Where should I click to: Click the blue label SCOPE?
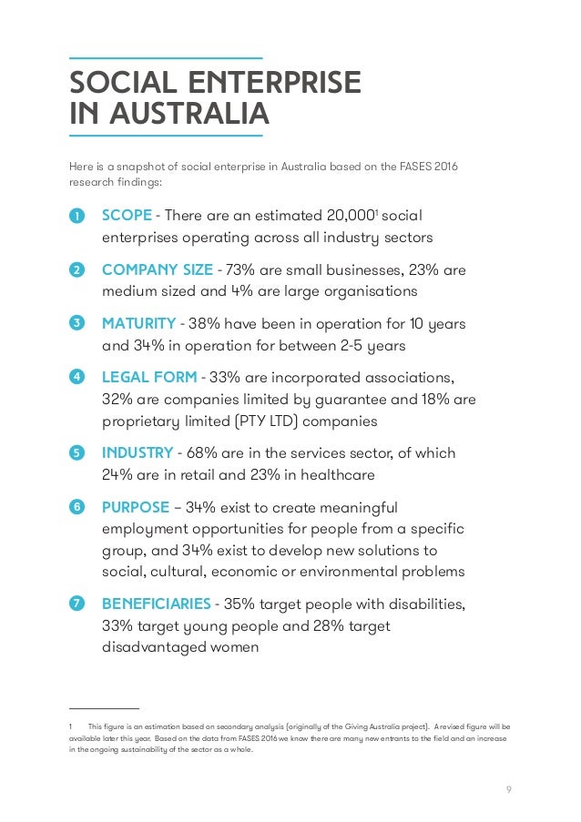coord(127,216)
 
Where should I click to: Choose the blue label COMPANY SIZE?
coord(157,269)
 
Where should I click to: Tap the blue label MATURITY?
coord(138,323)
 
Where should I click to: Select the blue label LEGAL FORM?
coord(148,377)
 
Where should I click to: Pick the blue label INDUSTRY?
coord(138,452)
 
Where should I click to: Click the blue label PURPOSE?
coord(136,507)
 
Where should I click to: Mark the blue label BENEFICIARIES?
coord(157,604)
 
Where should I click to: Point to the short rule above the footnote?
coord(104,708)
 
